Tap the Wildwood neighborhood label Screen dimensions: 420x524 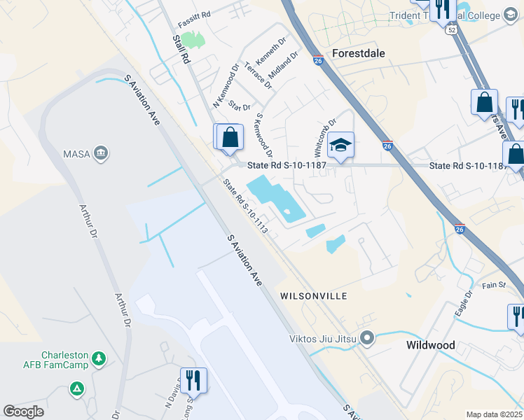coord(431,345)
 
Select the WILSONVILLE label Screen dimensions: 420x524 coord(314,296)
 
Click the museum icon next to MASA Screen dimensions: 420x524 coord(102,153)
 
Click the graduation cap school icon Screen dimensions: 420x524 coord(340,145)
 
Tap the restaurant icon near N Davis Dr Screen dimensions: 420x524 coord(192,381)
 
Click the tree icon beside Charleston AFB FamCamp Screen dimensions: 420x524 coord(100,358)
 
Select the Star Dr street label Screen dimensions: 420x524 coord(240,106)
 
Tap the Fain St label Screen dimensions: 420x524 coord(493,285)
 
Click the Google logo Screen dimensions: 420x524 coord(24,412)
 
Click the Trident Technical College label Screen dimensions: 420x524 coord(455,15)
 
